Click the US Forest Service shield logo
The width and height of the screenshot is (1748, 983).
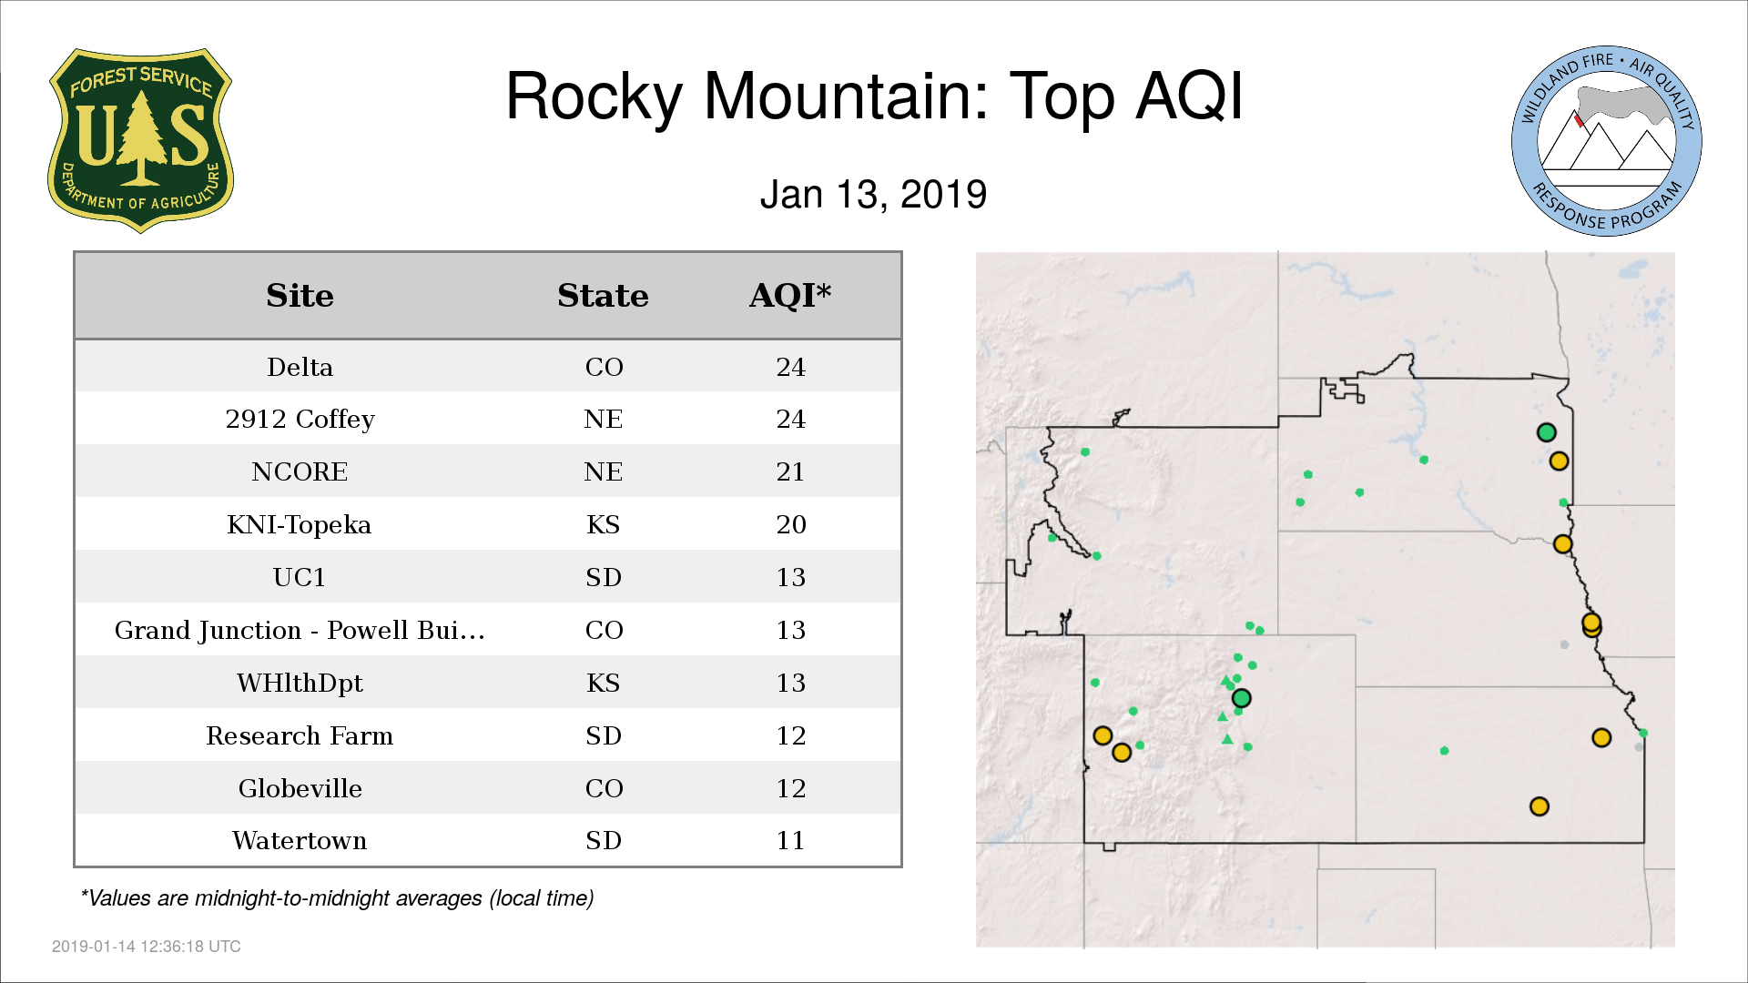(x=140, y=141)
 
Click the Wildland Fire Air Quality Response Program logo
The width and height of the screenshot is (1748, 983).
(x=1607, y=141)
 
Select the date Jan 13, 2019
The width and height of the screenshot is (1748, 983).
(x=873, y=195)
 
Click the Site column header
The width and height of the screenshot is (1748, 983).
(x=300, y=296)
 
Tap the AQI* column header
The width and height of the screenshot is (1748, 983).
(x=790, y=296)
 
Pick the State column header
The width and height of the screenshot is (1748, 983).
(x=603, y=296)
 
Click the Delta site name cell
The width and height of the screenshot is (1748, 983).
(x=300, y=367)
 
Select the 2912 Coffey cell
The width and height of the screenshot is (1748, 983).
(x=300, y=420)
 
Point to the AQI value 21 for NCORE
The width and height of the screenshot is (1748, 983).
(x=790, y=471)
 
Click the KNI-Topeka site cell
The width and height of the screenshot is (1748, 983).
(x=300, y=525)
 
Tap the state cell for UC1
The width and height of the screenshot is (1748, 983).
(x=604, y=577)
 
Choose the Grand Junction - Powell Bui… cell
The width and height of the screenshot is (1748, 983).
(x=300, y=630)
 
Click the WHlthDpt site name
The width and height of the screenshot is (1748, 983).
(x=300, y=684)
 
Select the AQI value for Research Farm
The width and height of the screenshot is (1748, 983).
(x=790, y=735)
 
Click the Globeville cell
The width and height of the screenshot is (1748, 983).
(x=300, y=788)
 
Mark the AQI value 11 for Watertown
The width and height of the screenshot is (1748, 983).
(x=790, y=840)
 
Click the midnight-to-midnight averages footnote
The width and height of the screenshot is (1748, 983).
(x=337, y=898)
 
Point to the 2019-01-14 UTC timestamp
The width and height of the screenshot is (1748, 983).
(x=147, y=947)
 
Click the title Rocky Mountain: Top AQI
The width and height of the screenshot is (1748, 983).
(x=874, y=96)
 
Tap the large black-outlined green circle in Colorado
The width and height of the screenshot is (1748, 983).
(x=1241, y=698)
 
